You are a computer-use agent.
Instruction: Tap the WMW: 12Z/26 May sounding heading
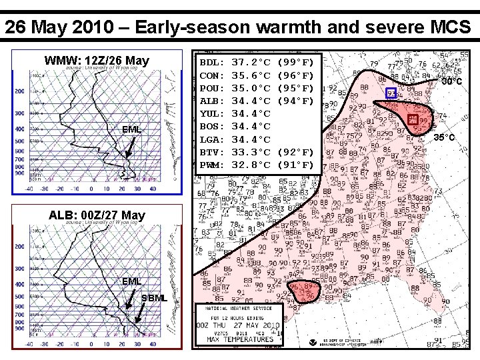click(x=97, y=60)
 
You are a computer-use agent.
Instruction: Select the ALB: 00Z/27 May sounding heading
click(x=97, y=215)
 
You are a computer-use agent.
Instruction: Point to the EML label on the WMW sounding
click(x=131, y=129)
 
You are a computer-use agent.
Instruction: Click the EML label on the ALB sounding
click(x=131, y=281)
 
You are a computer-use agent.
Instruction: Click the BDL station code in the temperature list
click(x=211, y=63)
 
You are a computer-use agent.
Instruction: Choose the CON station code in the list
click(x=211, y=75)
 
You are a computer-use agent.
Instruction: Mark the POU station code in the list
click(x=211, y=88)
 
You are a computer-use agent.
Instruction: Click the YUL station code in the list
click(x=211, y=113)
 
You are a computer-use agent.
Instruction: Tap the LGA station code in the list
click(x=211, y=139)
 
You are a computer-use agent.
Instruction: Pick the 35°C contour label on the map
click(x=445, y=138)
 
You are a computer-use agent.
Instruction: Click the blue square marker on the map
click(x=391, y=93)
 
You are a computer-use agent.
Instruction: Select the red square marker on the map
click(x=413, y=119)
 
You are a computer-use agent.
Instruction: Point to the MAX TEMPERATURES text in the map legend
click(x=240, y=339)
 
